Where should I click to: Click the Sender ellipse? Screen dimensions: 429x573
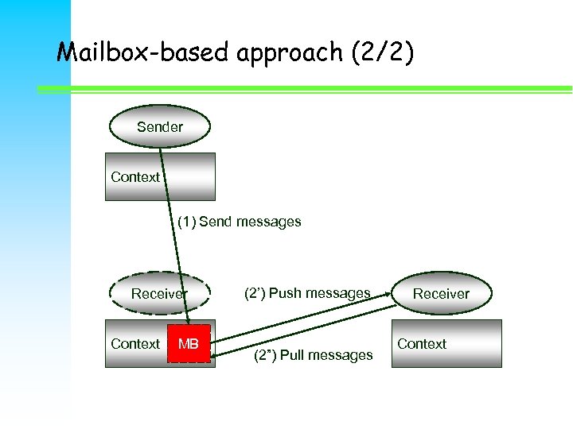pos(159,127)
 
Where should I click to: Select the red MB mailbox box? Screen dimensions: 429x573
pos(189,344)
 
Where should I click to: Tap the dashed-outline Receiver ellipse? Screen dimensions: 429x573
pos(159,294)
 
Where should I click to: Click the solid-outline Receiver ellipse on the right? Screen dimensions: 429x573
pos(441,294)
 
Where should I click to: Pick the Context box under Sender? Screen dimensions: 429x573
pos(161,176)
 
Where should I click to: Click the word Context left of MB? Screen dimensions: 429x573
pos(135,344)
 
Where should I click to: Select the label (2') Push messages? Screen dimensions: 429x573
pos(306,293)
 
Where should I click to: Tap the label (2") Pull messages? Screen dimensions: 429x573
pos(312,355)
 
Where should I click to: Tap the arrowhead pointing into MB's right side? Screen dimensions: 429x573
pos(216,355)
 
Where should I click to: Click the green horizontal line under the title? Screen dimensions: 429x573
pos(318,88)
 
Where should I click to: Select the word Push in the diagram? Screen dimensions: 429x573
pos(285,293)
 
